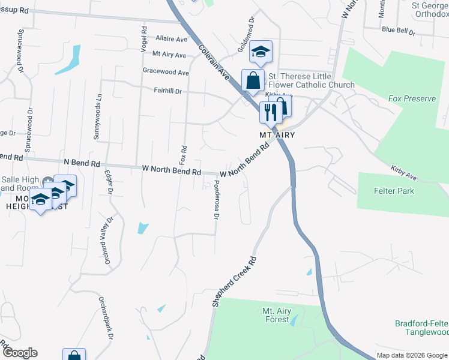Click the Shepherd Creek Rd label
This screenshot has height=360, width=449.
(234, 283)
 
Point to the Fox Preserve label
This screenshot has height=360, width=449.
(412, 98)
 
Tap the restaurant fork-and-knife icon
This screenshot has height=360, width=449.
(270, 111)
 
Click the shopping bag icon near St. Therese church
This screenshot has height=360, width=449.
(253, 80)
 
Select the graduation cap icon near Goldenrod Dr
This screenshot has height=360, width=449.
(261, 52)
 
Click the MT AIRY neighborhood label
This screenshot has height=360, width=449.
(279, 136)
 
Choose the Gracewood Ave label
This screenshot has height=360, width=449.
(166, 73)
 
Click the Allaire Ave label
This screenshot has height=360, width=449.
(171, 39)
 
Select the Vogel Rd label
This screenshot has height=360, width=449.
(144, 38)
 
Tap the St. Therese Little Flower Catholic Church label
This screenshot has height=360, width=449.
(311, 80)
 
